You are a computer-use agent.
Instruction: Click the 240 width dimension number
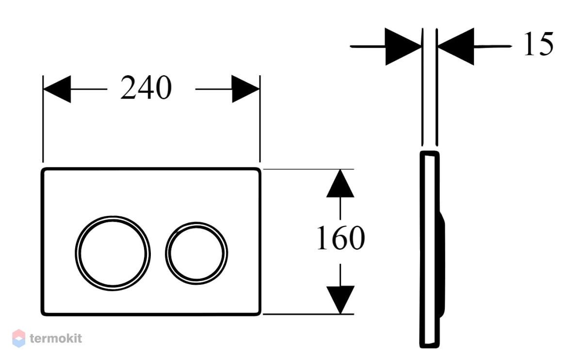pos(146,88)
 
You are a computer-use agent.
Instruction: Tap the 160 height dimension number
pos(341,238)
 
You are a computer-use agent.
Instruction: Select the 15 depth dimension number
pos(539,44)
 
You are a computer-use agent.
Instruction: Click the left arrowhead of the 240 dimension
pos(57,89)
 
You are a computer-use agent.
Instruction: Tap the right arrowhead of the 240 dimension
pos(245,89)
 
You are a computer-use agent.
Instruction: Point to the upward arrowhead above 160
pos(340,183)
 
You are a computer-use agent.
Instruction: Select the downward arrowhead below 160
pos(340,300)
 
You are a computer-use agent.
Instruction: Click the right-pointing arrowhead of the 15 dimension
pos(403,47)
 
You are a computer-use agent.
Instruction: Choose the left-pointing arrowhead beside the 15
pos(456,47)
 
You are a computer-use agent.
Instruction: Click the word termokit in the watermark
pos(56,339)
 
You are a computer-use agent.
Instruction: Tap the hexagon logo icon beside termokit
pos(19,339)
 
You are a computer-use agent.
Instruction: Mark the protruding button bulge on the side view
pos(442,265)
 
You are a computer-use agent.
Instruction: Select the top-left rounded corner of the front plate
pos(43,170)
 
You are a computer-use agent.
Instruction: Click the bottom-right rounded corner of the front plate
pos(259,313)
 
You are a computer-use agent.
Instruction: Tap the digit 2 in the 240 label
pos(129,88)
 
